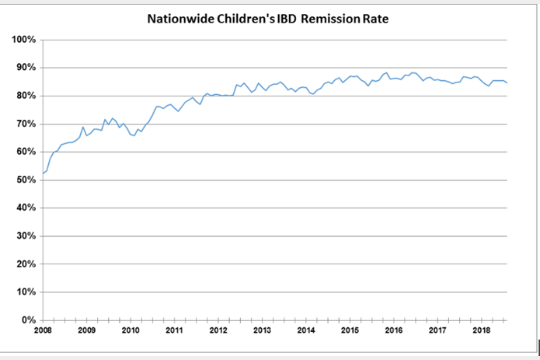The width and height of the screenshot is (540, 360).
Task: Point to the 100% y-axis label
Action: tap(23, 40)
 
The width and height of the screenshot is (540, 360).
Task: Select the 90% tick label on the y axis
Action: tap(26, 68)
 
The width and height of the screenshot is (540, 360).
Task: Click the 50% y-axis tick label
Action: tap(26, 180)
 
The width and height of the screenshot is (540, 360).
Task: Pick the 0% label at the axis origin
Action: tap(28, 320)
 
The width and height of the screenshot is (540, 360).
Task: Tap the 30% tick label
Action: tap(26, 236)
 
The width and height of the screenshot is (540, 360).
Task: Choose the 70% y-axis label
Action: tap(26, 124)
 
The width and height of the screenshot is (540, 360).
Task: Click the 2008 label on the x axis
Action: tap(43, 331)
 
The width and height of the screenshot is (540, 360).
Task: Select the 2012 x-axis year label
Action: tap(218, 331)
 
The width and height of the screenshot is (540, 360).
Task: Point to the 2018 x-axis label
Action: tap(480, 331)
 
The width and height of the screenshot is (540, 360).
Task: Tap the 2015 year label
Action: tap(349, 331)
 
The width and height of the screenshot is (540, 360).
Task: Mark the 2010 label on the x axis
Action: tap(131, 331)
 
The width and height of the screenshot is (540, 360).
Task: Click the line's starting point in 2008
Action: tap(44, 173)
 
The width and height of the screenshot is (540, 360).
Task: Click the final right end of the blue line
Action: tap(507, 82)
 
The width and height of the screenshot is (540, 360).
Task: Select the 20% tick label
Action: tap(26, 264)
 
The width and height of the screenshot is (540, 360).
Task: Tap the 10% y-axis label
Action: tap(26, 292)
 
